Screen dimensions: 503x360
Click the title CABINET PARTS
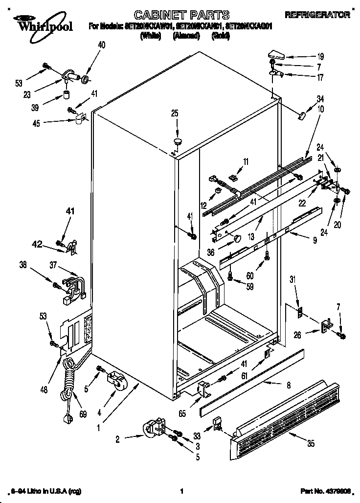[174, 14]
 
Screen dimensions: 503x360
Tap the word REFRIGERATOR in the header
[324, 15]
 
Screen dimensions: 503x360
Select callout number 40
[102, 45]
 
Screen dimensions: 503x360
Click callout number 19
[307, 56]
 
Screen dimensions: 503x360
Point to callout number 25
[175, 114]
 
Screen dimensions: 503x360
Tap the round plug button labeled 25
[177, 141]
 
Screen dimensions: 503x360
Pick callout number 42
[51, 243]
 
